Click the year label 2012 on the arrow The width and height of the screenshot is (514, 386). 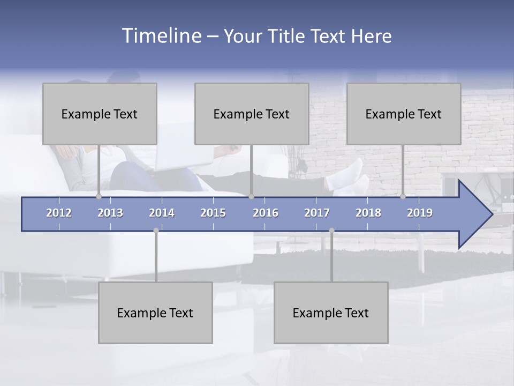point(59,213)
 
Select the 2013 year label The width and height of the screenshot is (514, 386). point(110,213)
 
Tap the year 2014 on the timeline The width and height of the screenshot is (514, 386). point(162,213)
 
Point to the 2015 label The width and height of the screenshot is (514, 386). point(213,213)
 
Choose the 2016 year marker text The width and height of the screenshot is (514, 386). point(266,213)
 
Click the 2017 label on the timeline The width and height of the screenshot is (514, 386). point(317,213)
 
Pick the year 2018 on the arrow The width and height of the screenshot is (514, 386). point(368,213)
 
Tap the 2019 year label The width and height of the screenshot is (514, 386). point(420,213)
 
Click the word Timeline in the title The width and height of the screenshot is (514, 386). point(161,36)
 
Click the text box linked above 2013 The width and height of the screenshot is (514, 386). point(100,114)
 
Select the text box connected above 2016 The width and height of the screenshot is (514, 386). point(252,114)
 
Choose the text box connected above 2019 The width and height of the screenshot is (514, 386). point(404,114)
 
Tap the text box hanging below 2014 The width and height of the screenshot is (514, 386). point(155,313)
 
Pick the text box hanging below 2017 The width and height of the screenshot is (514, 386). point(331,313)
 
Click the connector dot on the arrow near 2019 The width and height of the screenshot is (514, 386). point(403,196)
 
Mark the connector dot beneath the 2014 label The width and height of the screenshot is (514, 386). point(156,231)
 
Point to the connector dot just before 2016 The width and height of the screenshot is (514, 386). point(251,196)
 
